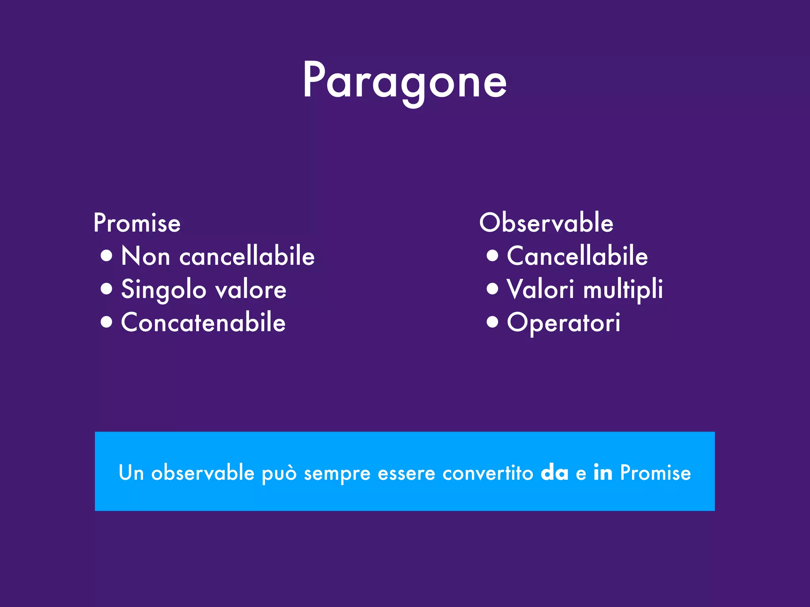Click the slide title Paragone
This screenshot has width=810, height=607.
405,81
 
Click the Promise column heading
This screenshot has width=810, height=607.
137,223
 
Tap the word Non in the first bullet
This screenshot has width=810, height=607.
146,256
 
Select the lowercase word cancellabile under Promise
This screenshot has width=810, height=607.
247,256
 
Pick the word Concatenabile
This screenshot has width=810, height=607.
203,322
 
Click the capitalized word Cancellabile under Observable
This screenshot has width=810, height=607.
577,256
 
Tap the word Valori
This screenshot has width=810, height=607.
540,289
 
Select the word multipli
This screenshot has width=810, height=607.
623,290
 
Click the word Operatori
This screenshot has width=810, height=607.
564,323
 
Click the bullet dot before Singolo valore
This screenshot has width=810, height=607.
106,288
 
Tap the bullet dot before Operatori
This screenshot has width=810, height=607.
492,322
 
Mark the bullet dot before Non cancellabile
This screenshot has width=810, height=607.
106,255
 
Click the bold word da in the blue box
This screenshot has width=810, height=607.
555,473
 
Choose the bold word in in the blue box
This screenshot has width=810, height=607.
603,472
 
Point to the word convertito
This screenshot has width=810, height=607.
488,473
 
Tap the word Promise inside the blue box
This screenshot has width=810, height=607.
655,473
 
